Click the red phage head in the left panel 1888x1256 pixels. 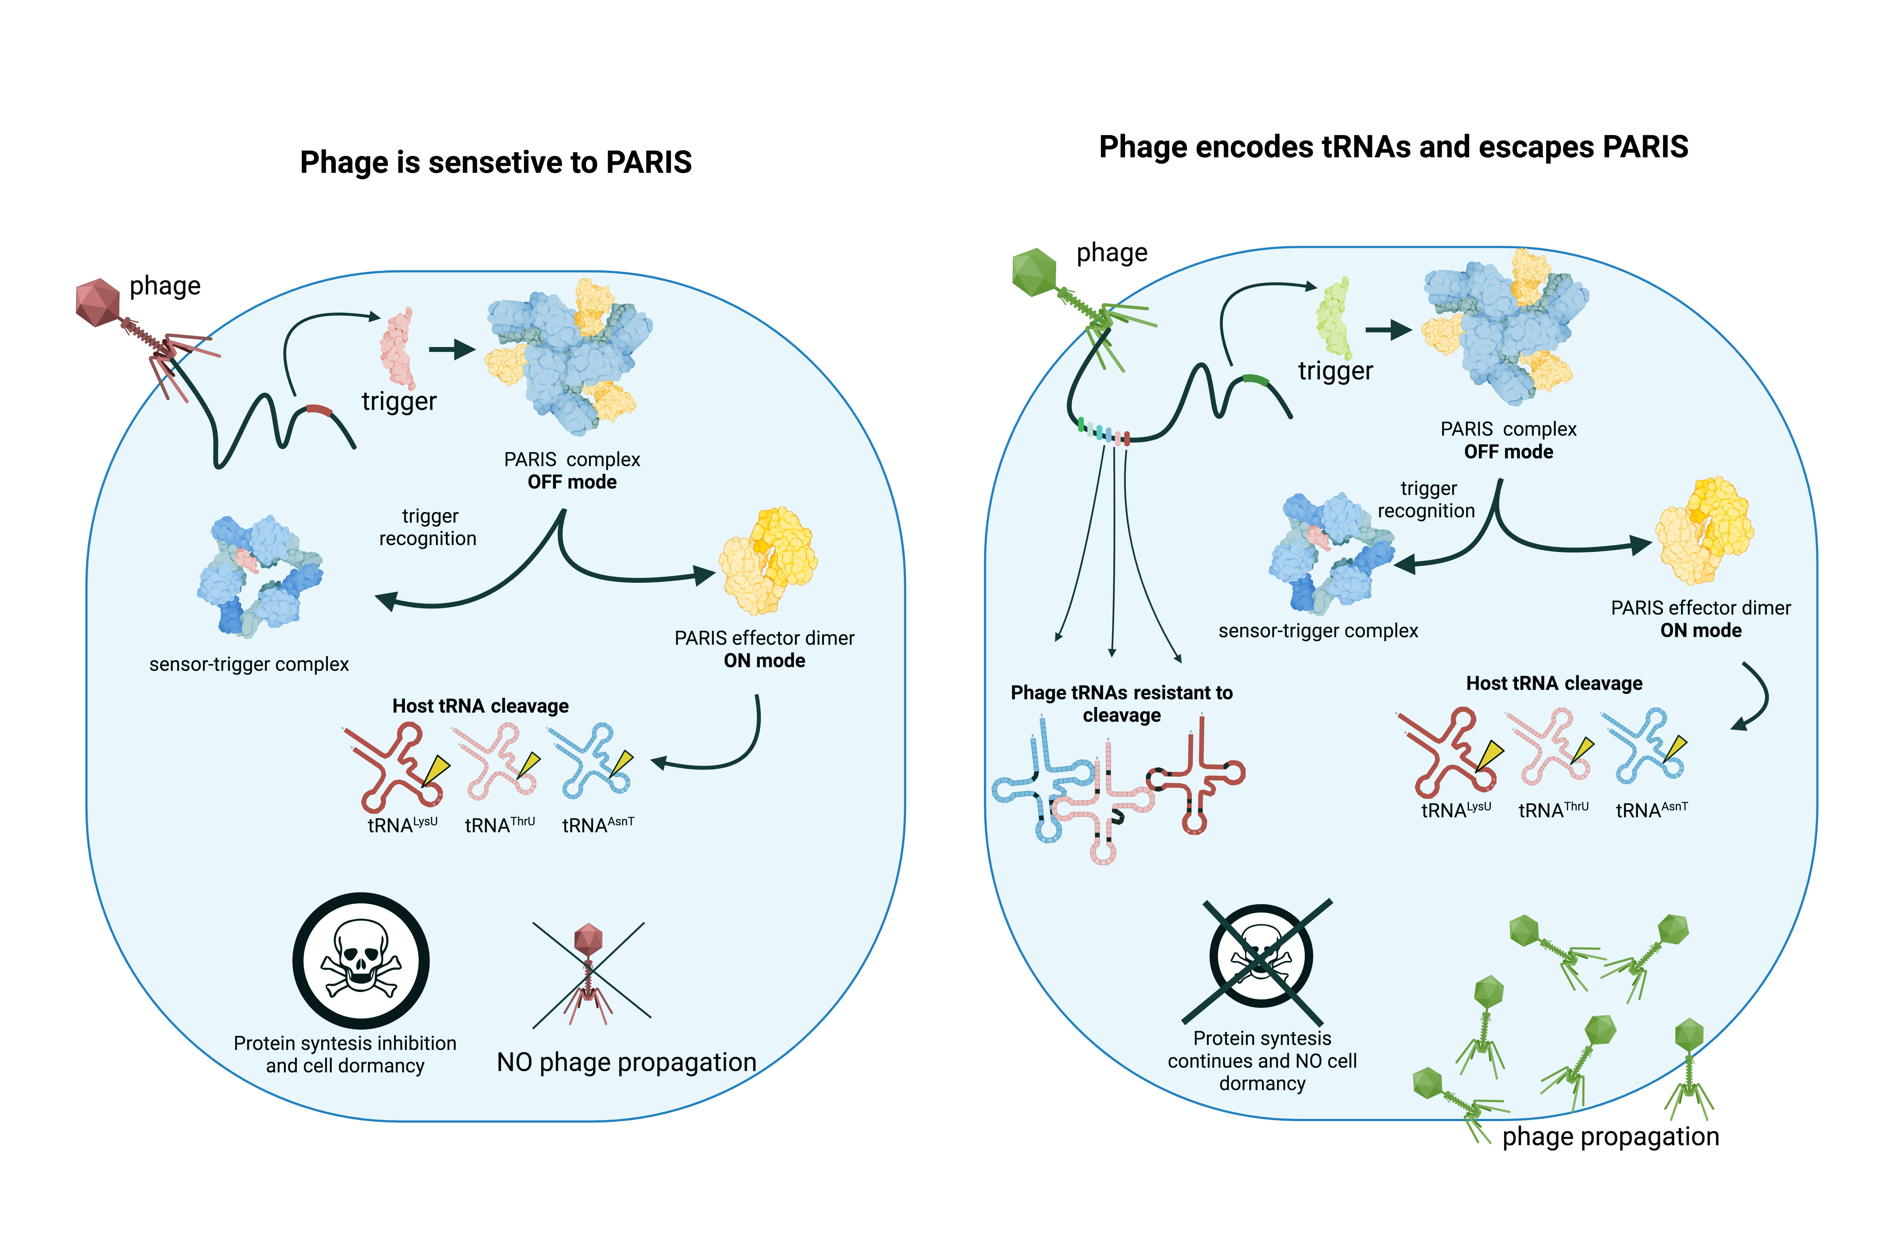98,302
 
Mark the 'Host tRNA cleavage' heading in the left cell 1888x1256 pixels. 480,706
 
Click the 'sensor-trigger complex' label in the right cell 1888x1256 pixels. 1317,630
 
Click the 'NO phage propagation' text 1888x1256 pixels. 626,1062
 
